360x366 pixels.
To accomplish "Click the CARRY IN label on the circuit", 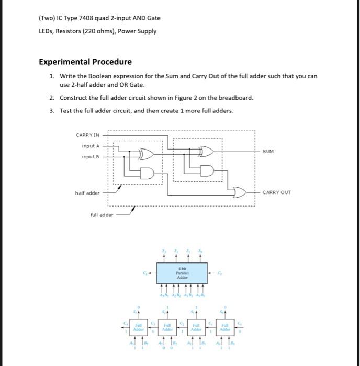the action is coord(87,135).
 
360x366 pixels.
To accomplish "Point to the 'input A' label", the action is coord(91,146).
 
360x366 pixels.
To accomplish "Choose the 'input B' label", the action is coord(91,157).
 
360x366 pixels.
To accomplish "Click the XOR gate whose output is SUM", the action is coord(207,152).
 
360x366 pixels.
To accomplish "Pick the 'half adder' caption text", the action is coord(87,193).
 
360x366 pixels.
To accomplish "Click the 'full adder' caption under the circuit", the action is coord(102,214).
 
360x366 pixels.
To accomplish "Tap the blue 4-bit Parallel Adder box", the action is coord(181,273).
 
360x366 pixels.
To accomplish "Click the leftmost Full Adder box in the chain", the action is coord(139,328).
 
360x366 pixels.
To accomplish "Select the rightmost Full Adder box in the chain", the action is coord(224,328).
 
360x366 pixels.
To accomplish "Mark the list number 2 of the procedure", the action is coord(52,98).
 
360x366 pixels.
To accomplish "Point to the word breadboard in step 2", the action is coord(237,98).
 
